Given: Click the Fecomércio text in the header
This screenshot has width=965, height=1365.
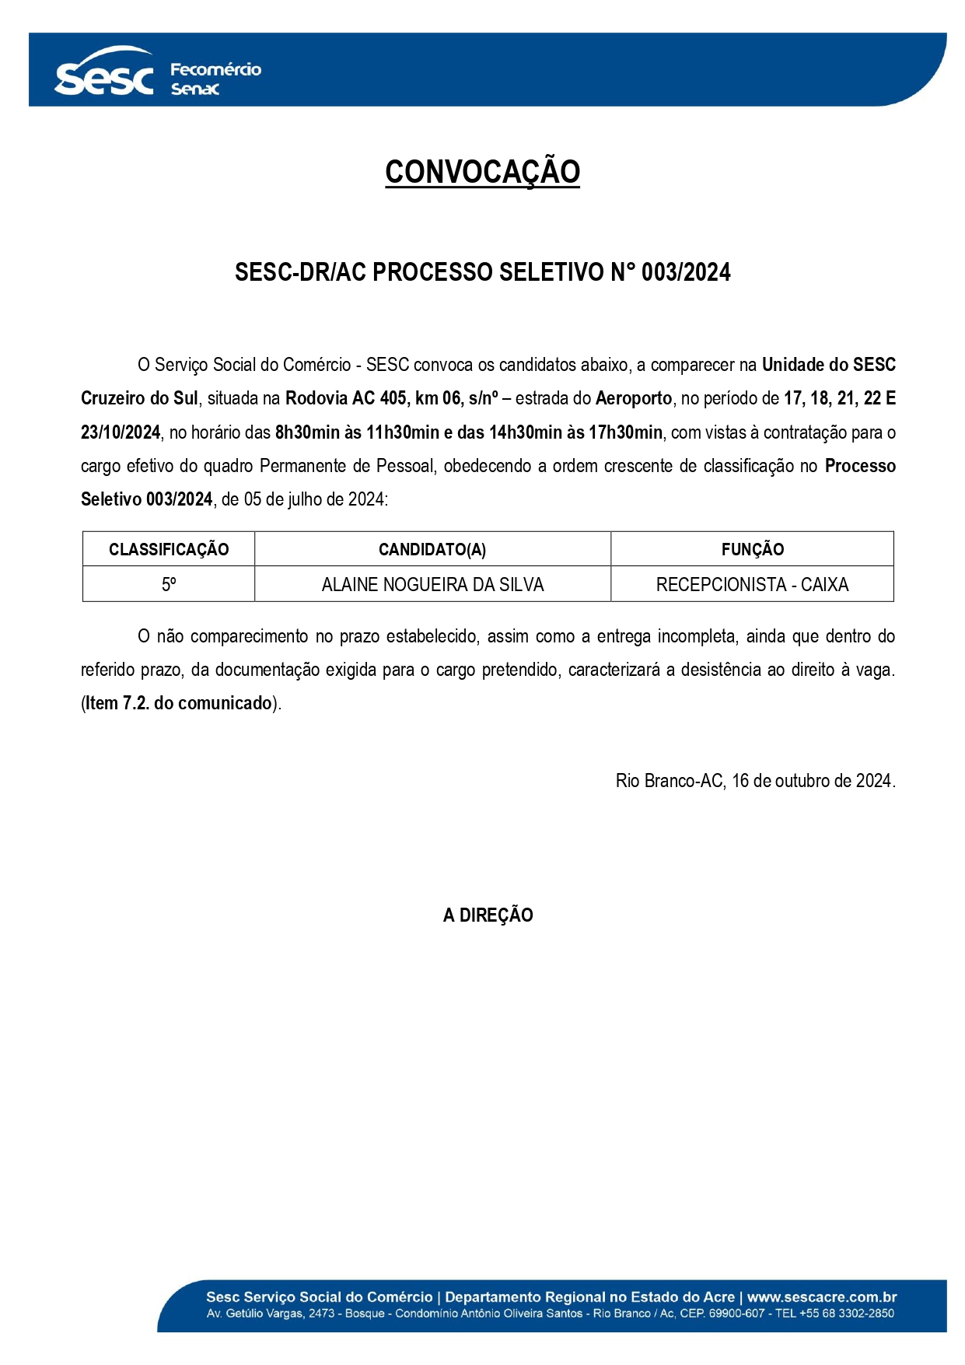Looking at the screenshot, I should point(215,69).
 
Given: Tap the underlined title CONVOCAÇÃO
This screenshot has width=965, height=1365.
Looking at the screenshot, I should point(482,172).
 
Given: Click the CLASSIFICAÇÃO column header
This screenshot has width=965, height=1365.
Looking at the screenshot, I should point(169,549).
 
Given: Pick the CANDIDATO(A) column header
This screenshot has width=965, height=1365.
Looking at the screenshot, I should point(432,549).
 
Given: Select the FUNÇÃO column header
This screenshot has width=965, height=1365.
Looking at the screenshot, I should point(752,549).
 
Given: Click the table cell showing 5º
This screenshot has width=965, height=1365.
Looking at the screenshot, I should point(169,584).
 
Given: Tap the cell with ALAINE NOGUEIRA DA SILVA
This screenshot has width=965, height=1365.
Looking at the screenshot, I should point(432,584).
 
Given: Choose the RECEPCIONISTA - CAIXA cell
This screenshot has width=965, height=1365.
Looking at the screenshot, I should point(752,584).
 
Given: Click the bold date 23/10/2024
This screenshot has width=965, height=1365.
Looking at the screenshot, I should point(121,432).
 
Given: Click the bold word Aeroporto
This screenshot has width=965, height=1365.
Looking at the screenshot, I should point(634,398).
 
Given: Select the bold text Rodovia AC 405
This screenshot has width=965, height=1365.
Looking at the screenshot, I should point(346,398).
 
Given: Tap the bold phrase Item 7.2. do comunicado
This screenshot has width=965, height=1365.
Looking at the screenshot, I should point(178,703).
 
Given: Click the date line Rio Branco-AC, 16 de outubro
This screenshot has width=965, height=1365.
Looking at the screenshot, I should point(755,780).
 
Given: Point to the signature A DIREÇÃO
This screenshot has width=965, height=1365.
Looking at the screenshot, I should point(488,915).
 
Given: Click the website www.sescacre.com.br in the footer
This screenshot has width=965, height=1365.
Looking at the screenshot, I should point(822,1297).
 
